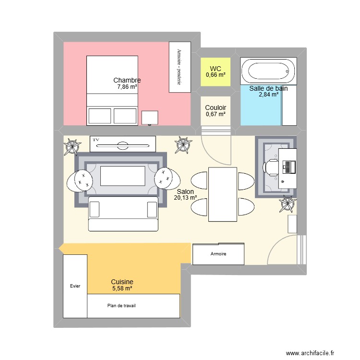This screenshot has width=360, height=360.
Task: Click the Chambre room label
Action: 127,80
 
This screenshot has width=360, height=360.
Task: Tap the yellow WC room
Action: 216,72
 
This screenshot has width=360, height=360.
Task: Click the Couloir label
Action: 216,108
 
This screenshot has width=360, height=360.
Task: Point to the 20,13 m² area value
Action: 186,197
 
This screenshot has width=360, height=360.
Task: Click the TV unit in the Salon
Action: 123,144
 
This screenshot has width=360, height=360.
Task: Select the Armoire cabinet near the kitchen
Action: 218,254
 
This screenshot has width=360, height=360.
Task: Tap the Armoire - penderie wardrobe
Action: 180,67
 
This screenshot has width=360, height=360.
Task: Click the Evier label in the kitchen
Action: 75,286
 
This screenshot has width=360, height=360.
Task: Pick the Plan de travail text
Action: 121,305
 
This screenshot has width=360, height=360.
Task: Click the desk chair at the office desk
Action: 270,166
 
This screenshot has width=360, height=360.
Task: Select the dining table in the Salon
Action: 222,194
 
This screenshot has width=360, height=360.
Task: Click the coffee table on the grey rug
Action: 123,176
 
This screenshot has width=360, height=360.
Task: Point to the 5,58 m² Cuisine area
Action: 122,288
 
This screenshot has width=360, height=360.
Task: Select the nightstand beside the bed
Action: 150,118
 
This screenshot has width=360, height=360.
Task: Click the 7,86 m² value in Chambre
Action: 127,87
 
